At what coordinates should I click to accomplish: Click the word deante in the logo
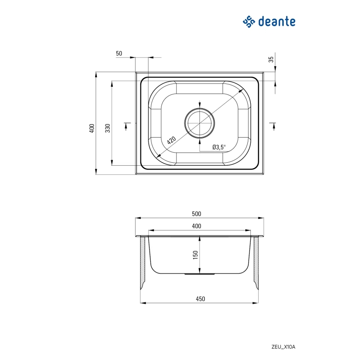click(277, 21)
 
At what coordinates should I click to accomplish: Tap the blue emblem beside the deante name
click(249, 21)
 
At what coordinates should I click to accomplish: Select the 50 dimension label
click(119, 53)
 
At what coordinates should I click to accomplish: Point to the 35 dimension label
click(271, 60)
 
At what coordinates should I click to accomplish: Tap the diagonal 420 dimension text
click(172, 140)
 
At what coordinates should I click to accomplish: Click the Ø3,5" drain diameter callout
click(219, 147)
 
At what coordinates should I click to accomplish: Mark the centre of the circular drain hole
click(200, 123)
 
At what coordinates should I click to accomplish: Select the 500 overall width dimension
click(196, 213)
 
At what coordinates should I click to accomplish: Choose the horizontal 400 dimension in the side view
click(196, 226)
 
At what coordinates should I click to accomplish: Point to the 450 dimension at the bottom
click(200, 299)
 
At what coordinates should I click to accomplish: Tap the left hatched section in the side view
click(143, 262)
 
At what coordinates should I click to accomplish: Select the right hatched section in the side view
click(256, 262)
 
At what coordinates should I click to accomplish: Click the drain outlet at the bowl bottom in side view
click(200, 274)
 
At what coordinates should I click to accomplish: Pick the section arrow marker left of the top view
click(126, 125)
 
